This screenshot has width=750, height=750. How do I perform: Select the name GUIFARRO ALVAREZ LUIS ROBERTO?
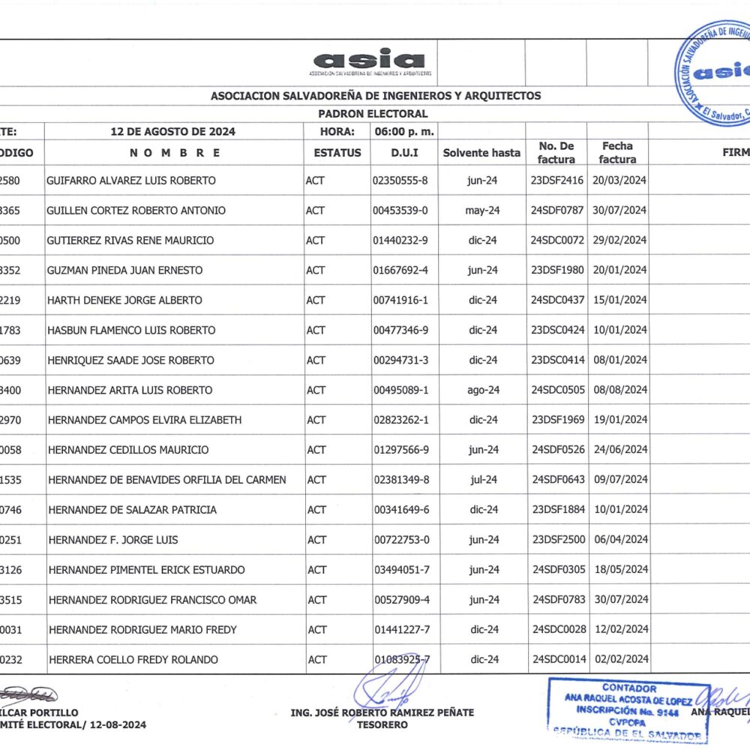click(x=131, y=180)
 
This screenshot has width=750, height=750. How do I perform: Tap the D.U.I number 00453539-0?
click(x=400, y=210)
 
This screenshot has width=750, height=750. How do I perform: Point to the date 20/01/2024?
click(x=619, y=270)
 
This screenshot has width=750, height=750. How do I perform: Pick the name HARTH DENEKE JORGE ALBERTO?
click(x=124, y=300)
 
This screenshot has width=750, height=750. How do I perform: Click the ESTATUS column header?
click(x=337, y=152)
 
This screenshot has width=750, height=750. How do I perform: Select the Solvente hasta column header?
click(x=481, y=152)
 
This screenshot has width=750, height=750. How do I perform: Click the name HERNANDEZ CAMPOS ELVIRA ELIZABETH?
click(x=145, y=420)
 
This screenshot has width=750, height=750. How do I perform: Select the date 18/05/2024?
click(x=619, y=570)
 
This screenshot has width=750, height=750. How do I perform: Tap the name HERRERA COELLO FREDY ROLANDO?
click(x=133, y=660)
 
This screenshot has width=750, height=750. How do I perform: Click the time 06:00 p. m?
click(x=403, y=131)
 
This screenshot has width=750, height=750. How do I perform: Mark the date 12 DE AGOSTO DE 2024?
click(x=172, y=131)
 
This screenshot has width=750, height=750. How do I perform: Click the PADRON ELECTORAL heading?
click(x=373, y=114)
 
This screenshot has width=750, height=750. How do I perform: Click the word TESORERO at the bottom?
click(x=382, y=724)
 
